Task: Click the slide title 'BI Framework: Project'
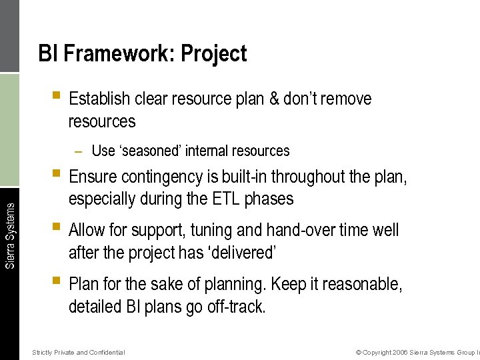(142, 53)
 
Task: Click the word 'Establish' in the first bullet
(99, 99)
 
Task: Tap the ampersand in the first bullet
(275, 99)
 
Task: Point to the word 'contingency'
(161, 177)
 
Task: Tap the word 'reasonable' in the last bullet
(364, 285)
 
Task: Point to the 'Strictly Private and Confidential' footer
(78, 352)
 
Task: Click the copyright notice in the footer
(417, 352)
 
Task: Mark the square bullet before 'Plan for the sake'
(56, 281)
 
